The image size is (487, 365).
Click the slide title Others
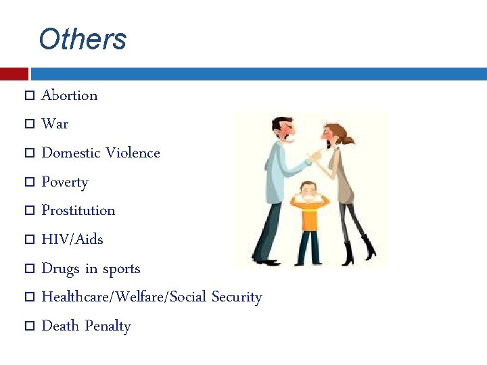tap(83, 39)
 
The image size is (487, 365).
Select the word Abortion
tap(69, 95)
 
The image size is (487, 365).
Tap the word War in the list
tap(55, 124)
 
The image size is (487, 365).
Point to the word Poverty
tap(65, 182)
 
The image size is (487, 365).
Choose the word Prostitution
tap(78, 210)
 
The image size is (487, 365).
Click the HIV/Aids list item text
tap(72, 239)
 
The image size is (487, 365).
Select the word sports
tap(121, 269)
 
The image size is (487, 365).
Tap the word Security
tap(236, 297)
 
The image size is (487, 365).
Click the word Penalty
tap(108, 326)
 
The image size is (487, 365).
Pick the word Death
tap(60, 326)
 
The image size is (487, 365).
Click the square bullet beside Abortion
tap(29, 96)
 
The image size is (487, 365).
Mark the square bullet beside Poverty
tap(29, 182)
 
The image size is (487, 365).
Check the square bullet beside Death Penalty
tap(29, 326)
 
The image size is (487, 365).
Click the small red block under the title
tap(14, 74)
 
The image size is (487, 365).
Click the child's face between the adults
tap(310, 191)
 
